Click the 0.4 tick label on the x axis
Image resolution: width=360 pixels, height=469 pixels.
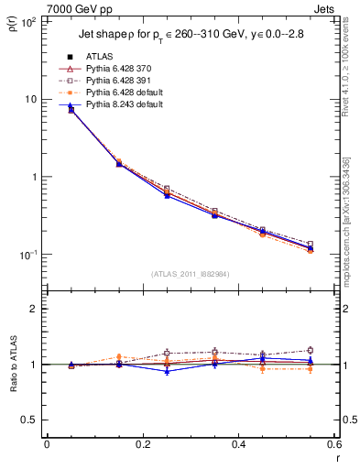click(x=238, y=445)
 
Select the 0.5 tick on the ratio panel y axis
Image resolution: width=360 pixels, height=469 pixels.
click(x=30, y=420)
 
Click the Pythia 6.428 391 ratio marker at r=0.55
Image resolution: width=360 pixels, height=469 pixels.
click(x=310, y=350)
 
